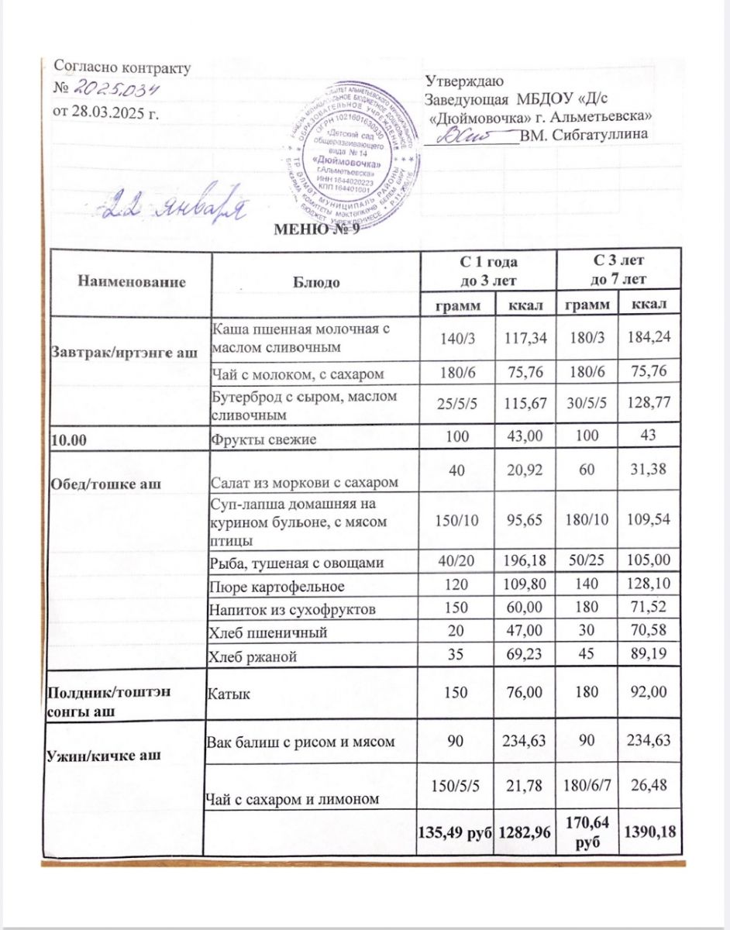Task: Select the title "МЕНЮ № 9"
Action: coord(317,232)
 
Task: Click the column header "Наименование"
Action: coord(131,282)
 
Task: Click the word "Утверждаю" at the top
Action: coord(465,81)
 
